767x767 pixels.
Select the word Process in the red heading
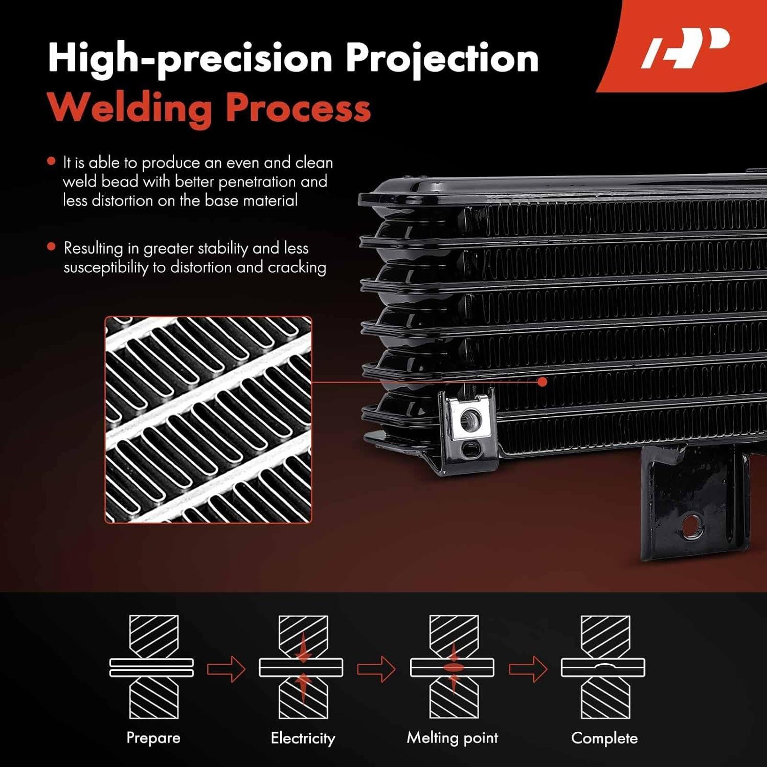tap(298, 108)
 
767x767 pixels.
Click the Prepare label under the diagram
tap(153, 738)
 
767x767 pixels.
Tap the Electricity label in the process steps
tap(303, 738)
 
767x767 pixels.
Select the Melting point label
tap(453, 738)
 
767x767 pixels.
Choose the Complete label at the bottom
tap(604, 738)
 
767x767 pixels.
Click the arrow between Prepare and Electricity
tap(227, 668)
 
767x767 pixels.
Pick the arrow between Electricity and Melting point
tap(376, 668)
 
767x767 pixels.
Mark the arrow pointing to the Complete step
tap(528, 668)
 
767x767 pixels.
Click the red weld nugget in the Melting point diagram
tap(452, 667)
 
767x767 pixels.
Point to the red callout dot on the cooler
tap(543, 381)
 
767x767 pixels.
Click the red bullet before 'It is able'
tap(51, 161)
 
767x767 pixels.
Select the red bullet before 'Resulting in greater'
tap(51, 246)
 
